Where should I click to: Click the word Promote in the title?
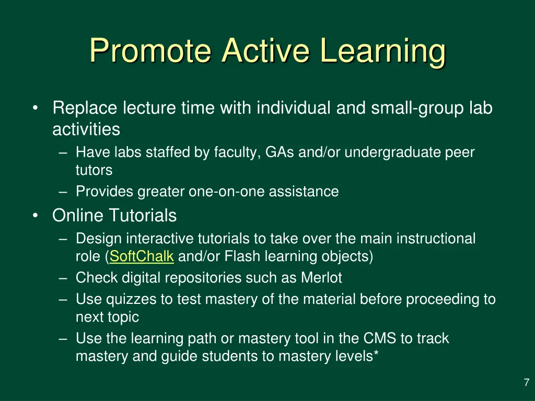click(151, 51)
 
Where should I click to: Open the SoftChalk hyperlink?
click(142, 256)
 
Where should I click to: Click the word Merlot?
click(321, 278)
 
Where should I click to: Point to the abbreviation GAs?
click(280, 152)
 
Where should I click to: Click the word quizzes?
click(125, 299)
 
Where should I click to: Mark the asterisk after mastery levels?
click(376, 356)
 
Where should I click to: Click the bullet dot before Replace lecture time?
click(34, 109)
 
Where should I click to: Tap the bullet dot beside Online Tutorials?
click(34, 215)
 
